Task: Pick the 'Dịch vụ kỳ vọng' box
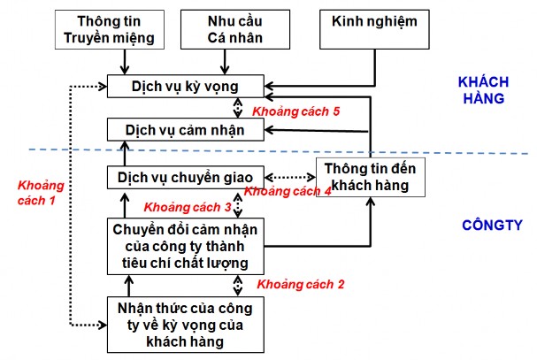pyautogui.click(x=184, y=86)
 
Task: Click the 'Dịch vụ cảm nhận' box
pyautogui.click(x=184, y=129)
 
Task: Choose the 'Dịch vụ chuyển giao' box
pyautogui.click(x=184, y=178)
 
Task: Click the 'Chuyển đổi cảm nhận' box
pyautogui.click(x=184, y=247)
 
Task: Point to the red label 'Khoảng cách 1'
pyautogui.click(x=35, y=192)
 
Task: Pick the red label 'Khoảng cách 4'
pyautogui.click(x=288, y=191)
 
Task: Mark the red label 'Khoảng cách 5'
pyautogui.click(x=296, y=111)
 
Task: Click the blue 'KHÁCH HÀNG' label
pyautogui.click(x=481, y=89)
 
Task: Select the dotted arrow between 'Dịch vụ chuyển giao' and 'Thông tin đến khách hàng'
pyautogui.click(x=288, y=176)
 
